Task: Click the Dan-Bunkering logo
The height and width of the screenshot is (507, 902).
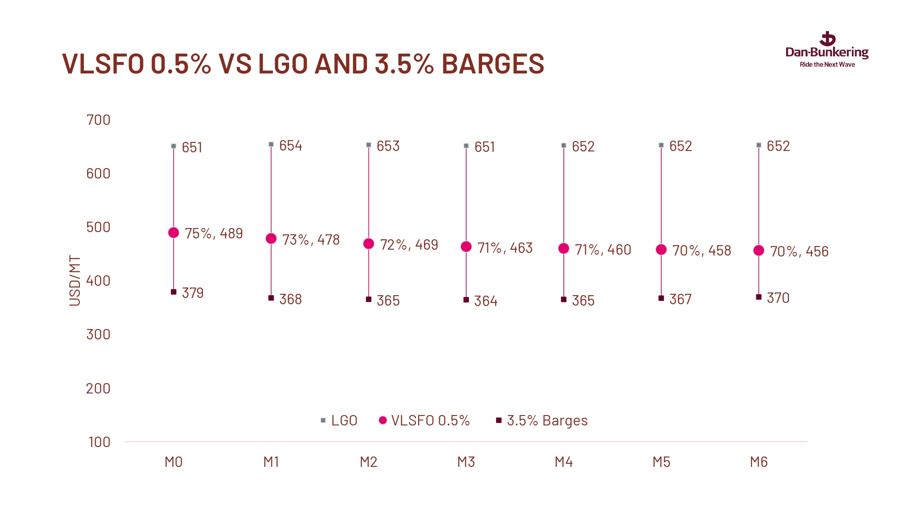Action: click(x=827, y=50)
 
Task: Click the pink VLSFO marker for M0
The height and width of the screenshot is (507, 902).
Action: click(x=174, y=233)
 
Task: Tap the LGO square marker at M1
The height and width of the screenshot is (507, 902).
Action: click(x=271, y=144)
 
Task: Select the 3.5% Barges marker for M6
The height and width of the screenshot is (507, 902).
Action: click(x=759, y=297)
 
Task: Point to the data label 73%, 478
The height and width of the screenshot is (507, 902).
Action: click(x=311, y=240)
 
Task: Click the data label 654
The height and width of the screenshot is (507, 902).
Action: click(x=290, y=146)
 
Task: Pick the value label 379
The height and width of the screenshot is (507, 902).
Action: click(x=193, y=293)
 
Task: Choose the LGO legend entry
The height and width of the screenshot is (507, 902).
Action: click(x=339, y=420)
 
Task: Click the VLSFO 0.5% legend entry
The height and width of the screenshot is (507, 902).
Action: click(x=424, y=420)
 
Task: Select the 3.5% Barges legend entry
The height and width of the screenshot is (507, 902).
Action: click(x=542, y=420)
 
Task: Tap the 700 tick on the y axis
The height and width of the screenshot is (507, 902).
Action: click(x=98, y=120)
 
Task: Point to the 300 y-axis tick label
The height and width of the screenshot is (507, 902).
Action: click(x=98, y=334)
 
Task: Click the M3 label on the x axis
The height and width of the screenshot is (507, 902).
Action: click(x=466, y=462)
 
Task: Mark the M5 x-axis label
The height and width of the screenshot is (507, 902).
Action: click(x=661, y=462)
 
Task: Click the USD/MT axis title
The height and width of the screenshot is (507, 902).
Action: click(x=75, y=280)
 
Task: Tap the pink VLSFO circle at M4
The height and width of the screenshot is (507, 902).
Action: click(x=564, y=248)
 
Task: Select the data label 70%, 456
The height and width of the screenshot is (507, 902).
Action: click(x=799, y=251)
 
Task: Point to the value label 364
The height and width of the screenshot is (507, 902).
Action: click(x=486, y=301)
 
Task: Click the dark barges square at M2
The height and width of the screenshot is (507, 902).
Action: click(x=368, y=299)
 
